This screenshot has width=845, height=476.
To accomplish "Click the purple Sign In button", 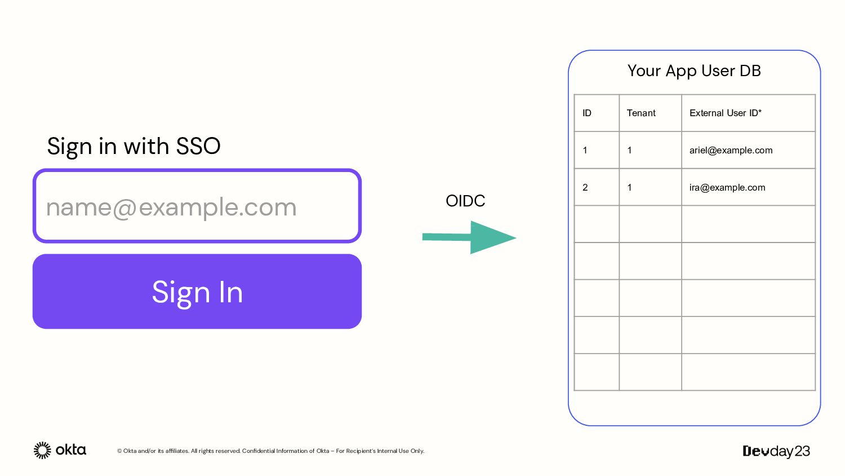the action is [x=197, y=291].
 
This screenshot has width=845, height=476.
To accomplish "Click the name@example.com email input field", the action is [x=197, y=206].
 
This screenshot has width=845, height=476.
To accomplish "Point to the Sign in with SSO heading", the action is [x=134, y=147].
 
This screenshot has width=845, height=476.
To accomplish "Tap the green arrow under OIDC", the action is [x=469, y=237].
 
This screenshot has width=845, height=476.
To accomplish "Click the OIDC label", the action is [x=465, y=201].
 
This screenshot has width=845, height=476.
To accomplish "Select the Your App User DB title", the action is [x=694, y=71].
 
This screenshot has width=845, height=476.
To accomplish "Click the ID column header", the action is [x=586, y=113].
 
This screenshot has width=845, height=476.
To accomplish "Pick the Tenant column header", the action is [x=641, y=113].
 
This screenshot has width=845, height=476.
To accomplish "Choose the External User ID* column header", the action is [x=726, y=113].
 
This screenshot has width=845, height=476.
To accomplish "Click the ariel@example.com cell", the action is [x=731, y=151].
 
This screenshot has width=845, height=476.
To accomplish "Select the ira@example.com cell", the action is [x=727, y=187].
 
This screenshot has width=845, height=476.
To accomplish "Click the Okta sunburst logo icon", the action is [x=42, y=450].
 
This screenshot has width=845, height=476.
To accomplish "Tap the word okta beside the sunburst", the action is [x=71, y=450].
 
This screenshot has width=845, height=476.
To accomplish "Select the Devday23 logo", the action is [x=776, y=451].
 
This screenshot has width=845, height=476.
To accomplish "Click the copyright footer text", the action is [x=270, y=451].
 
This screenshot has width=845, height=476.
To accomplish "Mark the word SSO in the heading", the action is [x=198, y=146].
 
